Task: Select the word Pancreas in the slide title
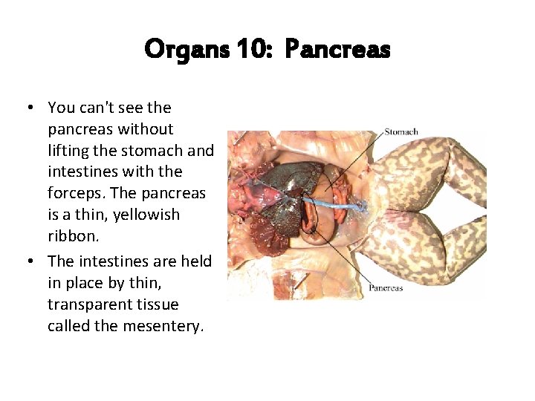[337, 50]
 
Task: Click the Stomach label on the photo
[401, 132]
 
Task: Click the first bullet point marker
[29, 108]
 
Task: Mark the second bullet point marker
[29, 261]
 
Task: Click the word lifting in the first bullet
[68, 151]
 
